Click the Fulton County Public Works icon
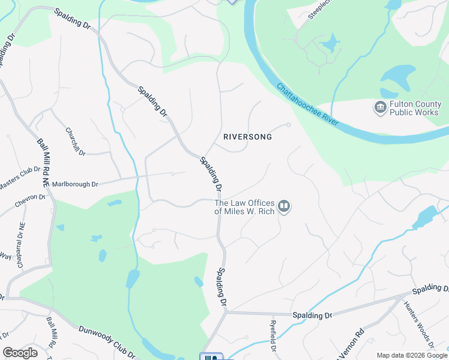pyautogui.click(x=380, y=108)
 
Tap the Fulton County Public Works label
pyautogui.click(x=415, y=108)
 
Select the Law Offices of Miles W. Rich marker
pyautogui.click(x=285, y=207)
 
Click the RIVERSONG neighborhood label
pyautogui.click(x=247, y=137)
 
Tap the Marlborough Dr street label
pyautogui.click(x=75, y=184)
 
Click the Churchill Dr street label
pyautogui.click(x=76, y=142)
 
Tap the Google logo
pyautogui.click(x=20, y=353)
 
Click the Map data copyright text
pyautogui.click(x=412, y=355)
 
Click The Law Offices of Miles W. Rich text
pyautogui.click(x=245, y=207)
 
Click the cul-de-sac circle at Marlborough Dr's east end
pyautogui.click(x=172, y=174)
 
